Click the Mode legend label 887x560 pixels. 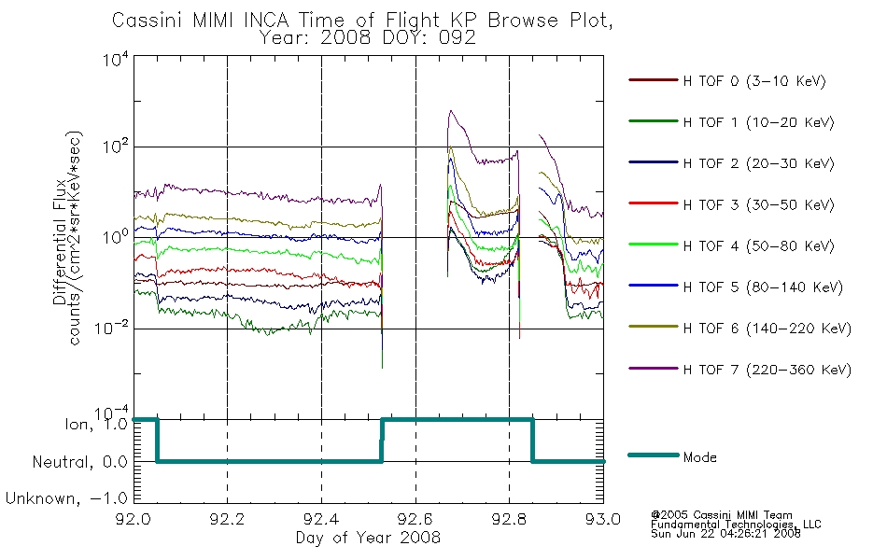coord(699,457)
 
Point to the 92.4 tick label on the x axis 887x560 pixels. coord(321,519)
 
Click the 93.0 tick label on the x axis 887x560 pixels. coord(603,519)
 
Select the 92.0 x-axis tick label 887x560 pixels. coord(134,519)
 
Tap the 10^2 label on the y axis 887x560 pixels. coord(116,146)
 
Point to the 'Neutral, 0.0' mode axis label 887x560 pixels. coord(79,462)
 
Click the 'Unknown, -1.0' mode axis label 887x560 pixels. coord(66,498)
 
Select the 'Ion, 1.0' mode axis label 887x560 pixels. coord(96,424)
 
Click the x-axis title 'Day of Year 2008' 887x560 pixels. coord(368,538)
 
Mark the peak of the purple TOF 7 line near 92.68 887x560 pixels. coord(451,111)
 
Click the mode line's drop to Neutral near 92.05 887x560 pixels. coord(157,441)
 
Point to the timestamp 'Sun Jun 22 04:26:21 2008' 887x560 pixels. coord(725,534)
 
